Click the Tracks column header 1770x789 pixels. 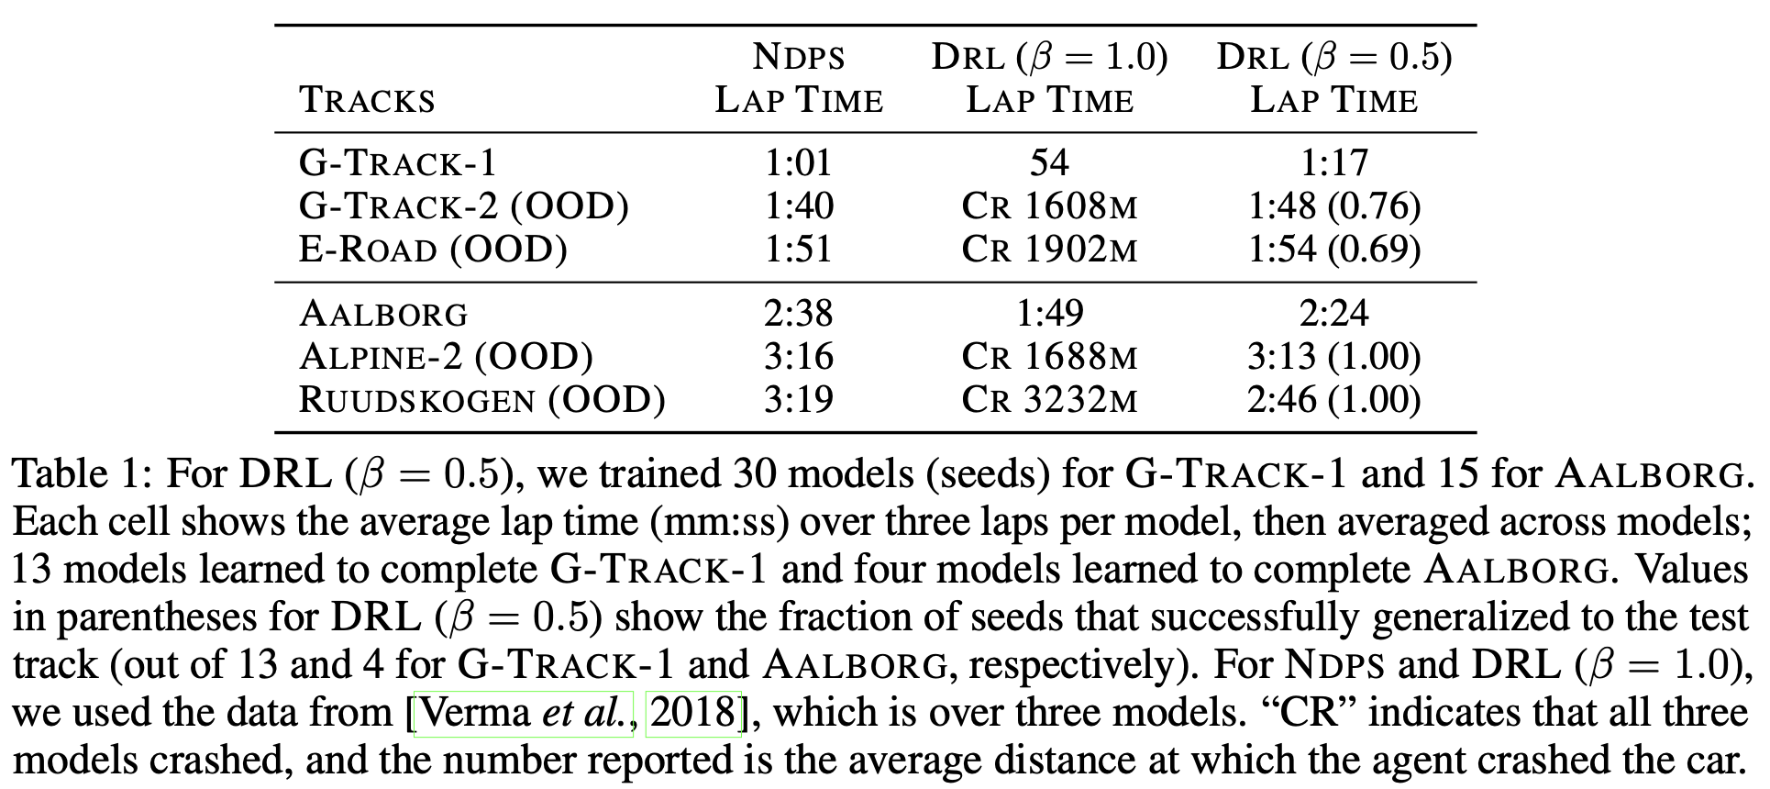tap(367, 100)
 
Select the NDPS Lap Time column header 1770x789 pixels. tap(798, 79)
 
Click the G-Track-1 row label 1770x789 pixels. tap(398, 163)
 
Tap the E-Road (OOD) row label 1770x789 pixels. tap(433, 250)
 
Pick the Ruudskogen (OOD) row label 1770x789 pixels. tap(482, 400)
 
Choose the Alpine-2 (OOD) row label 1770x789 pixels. tap(446, 357)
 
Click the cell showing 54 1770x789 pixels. tap(1049, 163)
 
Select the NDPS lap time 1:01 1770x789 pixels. tap(798, 163)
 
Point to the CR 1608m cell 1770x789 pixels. tap(1049, 206)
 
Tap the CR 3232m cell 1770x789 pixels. tap(1049, 400)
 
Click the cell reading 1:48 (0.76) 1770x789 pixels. tap(1333, 206)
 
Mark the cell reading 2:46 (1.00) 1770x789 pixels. tap(1333, 400)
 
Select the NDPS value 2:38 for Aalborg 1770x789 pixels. tap(798, 314)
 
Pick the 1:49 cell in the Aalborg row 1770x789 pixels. tap(1049, 314)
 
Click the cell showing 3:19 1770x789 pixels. tap(798, 400)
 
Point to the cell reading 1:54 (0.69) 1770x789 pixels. tap(1333, 250)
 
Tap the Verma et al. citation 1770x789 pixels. tap(524, 713)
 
